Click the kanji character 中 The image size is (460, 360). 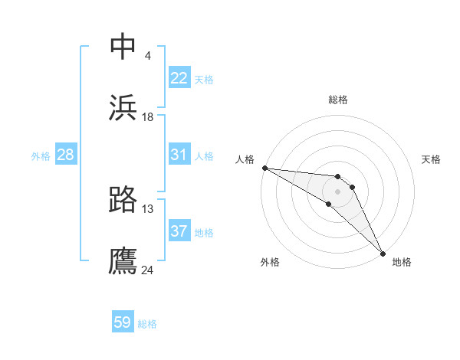(123, 47)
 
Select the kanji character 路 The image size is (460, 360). (123, 200)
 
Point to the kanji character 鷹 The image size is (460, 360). (123, 261)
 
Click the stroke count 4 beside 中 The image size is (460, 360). (147, 56)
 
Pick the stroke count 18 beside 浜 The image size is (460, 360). (148, 117)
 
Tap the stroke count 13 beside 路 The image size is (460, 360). (148, 209)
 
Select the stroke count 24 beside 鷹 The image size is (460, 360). (148, 270)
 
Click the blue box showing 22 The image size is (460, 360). (179, 78)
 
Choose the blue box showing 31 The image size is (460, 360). (179, 155)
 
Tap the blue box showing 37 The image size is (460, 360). (179, 231)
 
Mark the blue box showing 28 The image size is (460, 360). (66, 155)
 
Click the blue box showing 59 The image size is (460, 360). (123, 322)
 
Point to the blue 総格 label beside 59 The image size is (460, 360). (147, 324)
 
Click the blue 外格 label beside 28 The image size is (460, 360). (41, 156)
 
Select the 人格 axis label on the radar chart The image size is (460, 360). (245, 159)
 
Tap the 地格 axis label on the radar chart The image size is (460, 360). (402, 262)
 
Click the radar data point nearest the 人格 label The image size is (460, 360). (264, 168)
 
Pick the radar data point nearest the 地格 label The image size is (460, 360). (382, 254)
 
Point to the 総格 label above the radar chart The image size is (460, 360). (338, 100)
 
